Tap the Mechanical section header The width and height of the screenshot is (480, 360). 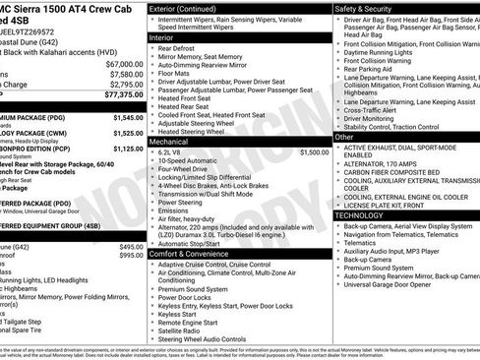point(170,142)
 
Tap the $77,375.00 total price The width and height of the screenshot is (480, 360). point(122,95)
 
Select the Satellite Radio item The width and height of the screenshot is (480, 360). point(186,331)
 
